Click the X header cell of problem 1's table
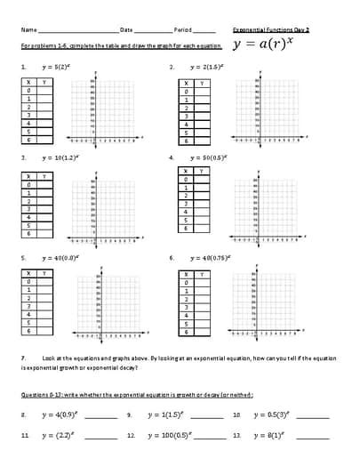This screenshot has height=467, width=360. pos(29,82)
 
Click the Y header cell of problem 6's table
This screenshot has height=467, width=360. pos(202,275)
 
